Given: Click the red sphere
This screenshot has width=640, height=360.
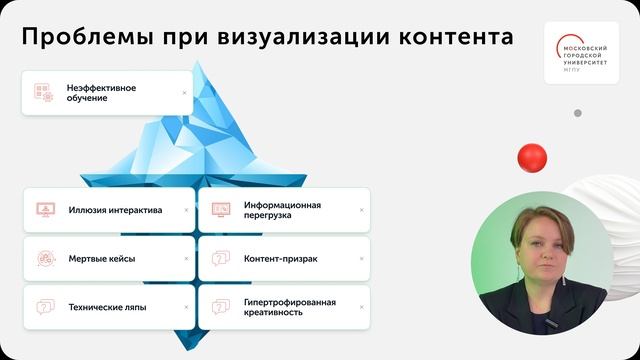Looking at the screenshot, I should coord(532,157).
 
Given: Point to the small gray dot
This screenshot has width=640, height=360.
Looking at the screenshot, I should coord(577,113).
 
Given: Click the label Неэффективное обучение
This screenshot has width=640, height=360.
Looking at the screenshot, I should coord(102,93).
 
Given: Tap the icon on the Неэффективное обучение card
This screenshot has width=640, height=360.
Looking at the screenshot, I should coord(43,92).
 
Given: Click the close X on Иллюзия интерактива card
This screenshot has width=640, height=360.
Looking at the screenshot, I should coord(186,210).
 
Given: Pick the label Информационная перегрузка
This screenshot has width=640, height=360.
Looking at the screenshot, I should coord(282,209).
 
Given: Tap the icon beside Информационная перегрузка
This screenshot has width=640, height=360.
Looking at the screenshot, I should coord(221,210).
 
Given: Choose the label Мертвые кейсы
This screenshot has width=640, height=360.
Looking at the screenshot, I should coord(102,258).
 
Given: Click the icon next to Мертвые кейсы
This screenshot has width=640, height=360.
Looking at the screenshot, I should coord(45,258).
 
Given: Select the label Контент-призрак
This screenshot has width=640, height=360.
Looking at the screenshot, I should coord(280,258).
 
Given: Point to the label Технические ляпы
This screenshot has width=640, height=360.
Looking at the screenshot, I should coord(108,307).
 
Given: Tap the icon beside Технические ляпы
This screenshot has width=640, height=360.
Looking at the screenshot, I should coord(45,307).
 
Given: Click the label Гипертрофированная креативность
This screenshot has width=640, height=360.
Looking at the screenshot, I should coord(290,306).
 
